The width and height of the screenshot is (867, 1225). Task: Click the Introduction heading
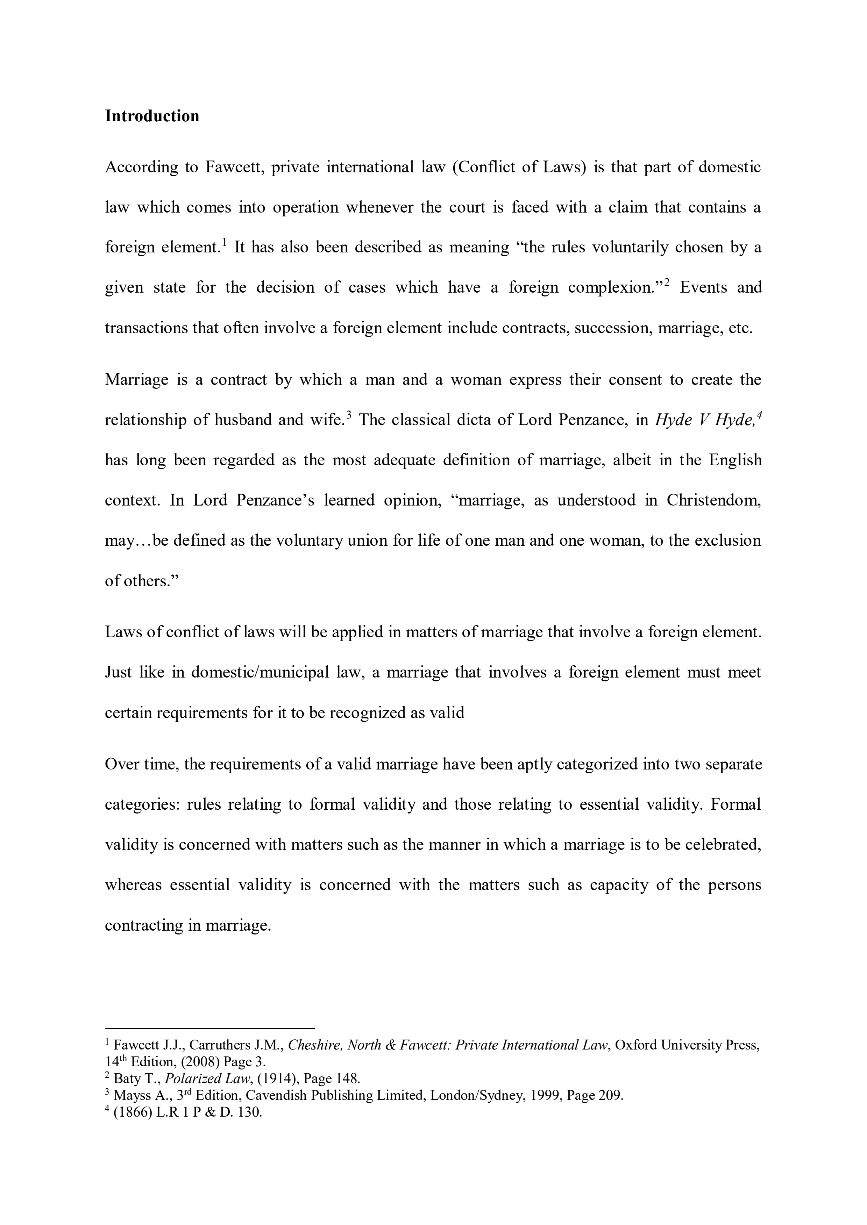pyautogui.click(x=152, y=116)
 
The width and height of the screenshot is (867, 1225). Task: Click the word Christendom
pyautogui.click(x=713, y=501)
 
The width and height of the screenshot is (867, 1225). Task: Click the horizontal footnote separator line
pyautogui.click(x=210, y=1027)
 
